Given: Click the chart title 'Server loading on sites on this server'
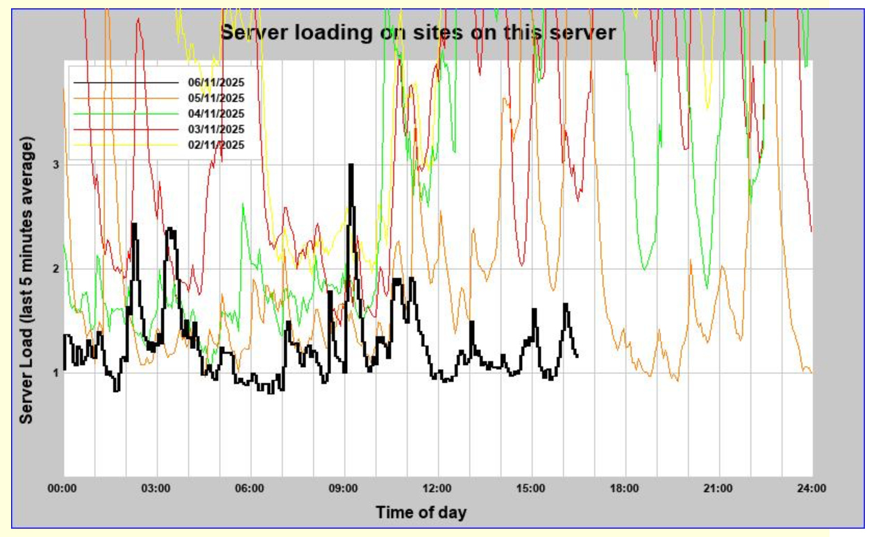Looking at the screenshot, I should point(417,32).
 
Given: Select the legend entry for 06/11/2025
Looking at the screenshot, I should point(215,82).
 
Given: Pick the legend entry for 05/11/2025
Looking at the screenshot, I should point(215,98).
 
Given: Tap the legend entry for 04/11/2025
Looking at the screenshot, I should point(215,113).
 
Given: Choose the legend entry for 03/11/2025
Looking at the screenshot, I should point(215,129).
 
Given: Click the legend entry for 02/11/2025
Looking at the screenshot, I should point(215,144).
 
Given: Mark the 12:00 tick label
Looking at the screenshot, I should point(437,488).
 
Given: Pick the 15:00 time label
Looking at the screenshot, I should point(531,488).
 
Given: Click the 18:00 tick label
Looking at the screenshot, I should point(625,488).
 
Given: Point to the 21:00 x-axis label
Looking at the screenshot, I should point(718,488).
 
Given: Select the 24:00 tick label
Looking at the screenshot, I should point(811,488).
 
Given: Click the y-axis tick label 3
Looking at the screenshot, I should point(55,164).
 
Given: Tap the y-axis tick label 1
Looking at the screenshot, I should point(55,373).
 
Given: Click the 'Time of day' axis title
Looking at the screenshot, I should point(421,513).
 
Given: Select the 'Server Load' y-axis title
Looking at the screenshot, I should point(26,281).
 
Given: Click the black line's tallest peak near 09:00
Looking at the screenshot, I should point(351,166).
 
